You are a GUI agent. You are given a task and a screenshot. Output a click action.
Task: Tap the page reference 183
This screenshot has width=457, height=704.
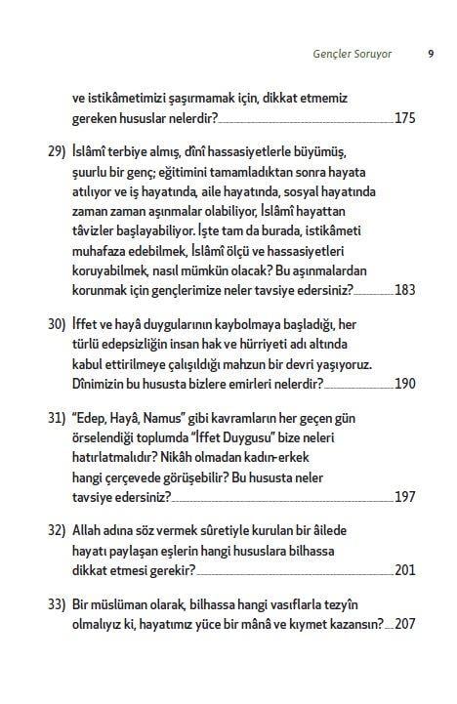point(405,291)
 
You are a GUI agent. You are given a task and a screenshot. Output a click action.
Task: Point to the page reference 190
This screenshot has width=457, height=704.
point(405,383)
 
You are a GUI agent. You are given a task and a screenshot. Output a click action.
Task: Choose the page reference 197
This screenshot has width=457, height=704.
point(405,497)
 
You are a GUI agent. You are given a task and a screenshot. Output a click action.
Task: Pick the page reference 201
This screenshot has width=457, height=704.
point(405,570)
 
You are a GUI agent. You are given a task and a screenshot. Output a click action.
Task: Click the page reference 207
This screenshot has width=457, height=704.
point(405,624)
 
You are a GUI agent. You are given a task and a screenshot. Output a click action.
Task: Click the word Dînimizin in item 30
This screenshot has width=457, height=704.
point(104,383)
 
